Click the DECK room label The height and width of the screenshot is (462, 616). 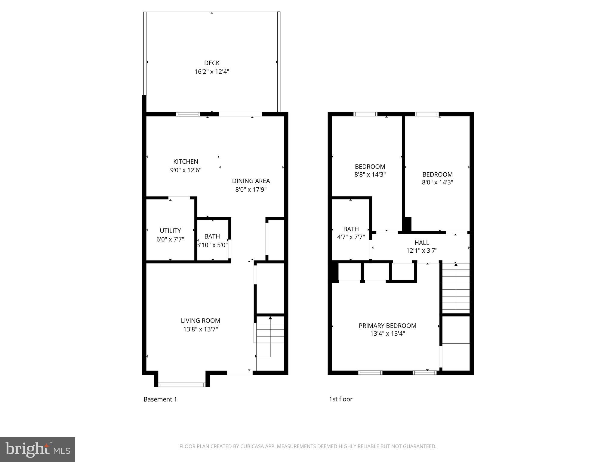(x=212, y=63)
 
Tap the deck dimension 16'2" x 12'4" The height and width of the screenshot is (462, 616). (x=212, y=72)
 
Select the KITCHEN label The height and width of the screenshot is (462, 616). (x=186, y=162)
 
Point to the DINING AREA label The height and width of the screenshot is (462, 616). (x=251, y=181)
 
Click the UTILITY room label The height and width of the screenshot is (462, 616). (x=170, y=231)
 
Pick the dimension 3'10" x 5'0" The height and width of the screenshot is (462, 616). (x=212, y=245)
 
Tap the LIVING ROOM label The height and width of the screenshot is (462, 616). (x=200, y=321)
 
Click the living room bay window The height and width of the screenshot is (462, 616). (x=182, y=384)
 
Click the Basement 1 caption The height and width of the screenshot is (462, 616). (x=160, y=399)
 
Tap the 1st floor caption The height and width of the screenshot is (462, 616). (x=340, y=399)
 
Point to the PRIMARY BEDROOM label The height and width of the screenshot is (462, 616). (x=387, y=325)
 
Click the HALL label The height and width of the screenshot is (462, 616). (x=422, y=242)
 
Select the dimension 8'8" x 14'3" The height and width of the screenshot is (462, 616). (x=370, y=174)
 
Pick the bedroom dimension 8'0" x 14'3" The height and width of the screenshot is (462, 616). (x=437, y=182)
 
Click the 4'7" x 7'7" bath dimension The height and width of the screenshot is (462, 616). (x=351, y=237)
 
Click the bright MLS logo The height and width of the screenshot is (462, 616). (x=38, y=449)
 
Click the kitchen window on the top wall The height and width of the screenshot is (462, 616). (x=188, y=114)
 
